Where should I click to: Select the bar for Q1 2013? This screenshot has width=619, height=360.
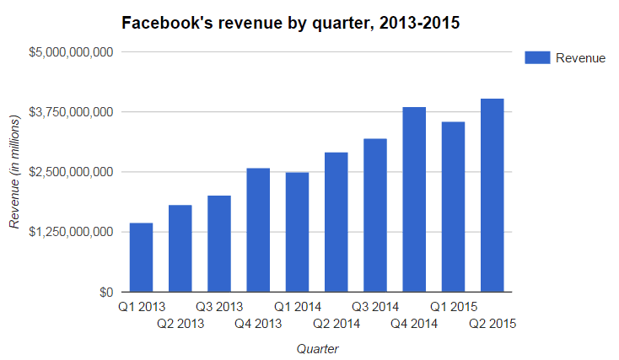(x=141, y=257)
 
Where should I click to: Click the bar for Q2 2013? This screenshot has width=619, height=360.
(x=180, y=249)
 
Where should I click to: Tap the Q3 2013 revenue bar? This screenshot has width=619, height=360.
(x=219, y=244)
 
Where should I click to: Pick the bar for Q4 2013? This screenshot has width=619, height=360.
(x=258, y=230)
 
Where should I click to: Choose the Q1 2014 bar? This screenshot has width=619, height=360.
(x=297, y=232)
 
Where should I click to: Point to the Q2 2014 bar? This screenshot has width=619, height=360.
(x=336, y=222)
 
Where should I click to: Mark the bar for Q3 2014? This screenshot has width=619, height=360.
(x=375, y=215)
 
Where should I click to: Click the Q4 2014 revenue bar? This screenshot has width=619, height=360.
(x=414, y=200)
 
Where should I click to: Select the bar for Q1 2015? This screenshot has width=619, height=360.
(x=453, y=207)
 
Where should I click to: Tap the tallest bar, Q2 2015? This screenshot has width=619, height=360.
(x=492, y=196)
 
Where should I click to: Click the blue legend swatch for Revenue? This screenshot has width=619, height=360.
(x=537, y=57)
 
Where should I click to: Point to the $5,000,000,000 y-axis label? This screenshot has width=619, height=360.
(x=71, y=52)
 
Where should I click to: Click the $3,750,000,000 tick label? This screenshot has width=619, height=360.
(x=71, y=112)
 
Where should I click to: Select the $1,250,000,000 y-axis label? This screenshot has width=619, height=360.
(x=71, y=232)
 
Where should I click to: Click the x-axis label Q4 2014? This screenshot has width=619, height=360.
(x=414, y=323)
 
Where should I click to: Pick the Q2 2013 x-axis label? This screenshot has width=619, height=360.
(x=180, y=323)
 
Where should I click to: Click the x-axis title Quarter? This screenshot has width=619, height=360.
(x=317, y=347)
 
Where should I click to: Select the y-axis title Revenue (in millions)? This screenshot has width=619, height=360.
(x=14, y=173)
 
